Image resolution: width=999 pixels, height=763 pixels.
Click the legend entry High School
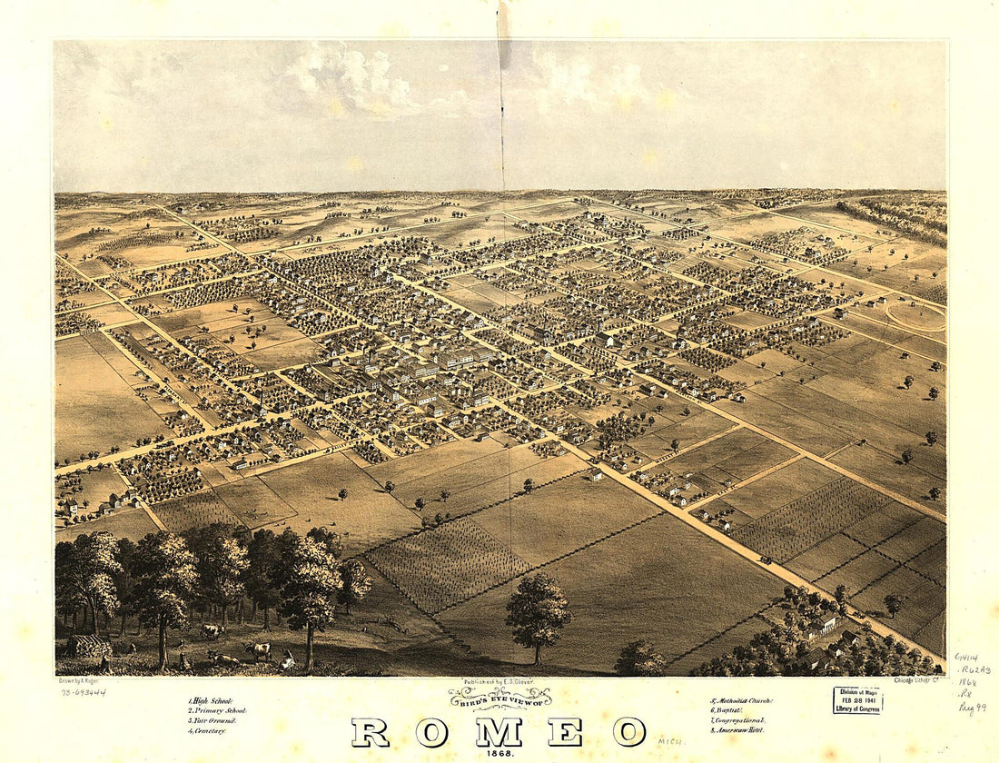[211, 701]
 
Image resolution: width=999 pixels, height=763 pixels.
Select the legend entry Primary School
[217, 710]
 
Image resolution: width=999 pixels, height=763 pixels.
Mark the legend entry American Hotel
[738, 729]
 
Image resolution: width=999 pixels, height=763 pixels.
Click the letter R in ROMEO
[370, 732]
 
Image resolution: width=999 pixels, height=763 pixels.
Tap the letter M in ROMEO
[499, 732]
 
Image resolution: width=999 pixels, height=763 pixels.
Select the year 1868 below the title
[499, 754]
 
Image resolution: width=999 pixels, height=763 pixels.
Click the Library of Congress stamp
[857, 699]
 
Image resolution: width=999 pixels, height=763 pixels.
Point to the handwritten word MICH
[672, 742]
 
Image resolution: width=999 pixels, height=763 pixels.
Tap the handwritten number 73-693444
[84, 692]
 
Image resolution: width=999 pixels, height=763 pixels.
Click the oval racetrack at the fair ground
[915, 316]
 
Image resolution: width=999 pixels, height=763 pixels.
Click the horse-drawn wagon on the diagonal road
[766, 561]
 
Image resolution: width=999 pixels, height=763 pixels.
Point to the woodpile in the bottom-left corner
[88, 646]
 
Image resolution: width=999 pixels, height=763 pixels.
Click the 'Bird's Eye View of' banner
[499, 698]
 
